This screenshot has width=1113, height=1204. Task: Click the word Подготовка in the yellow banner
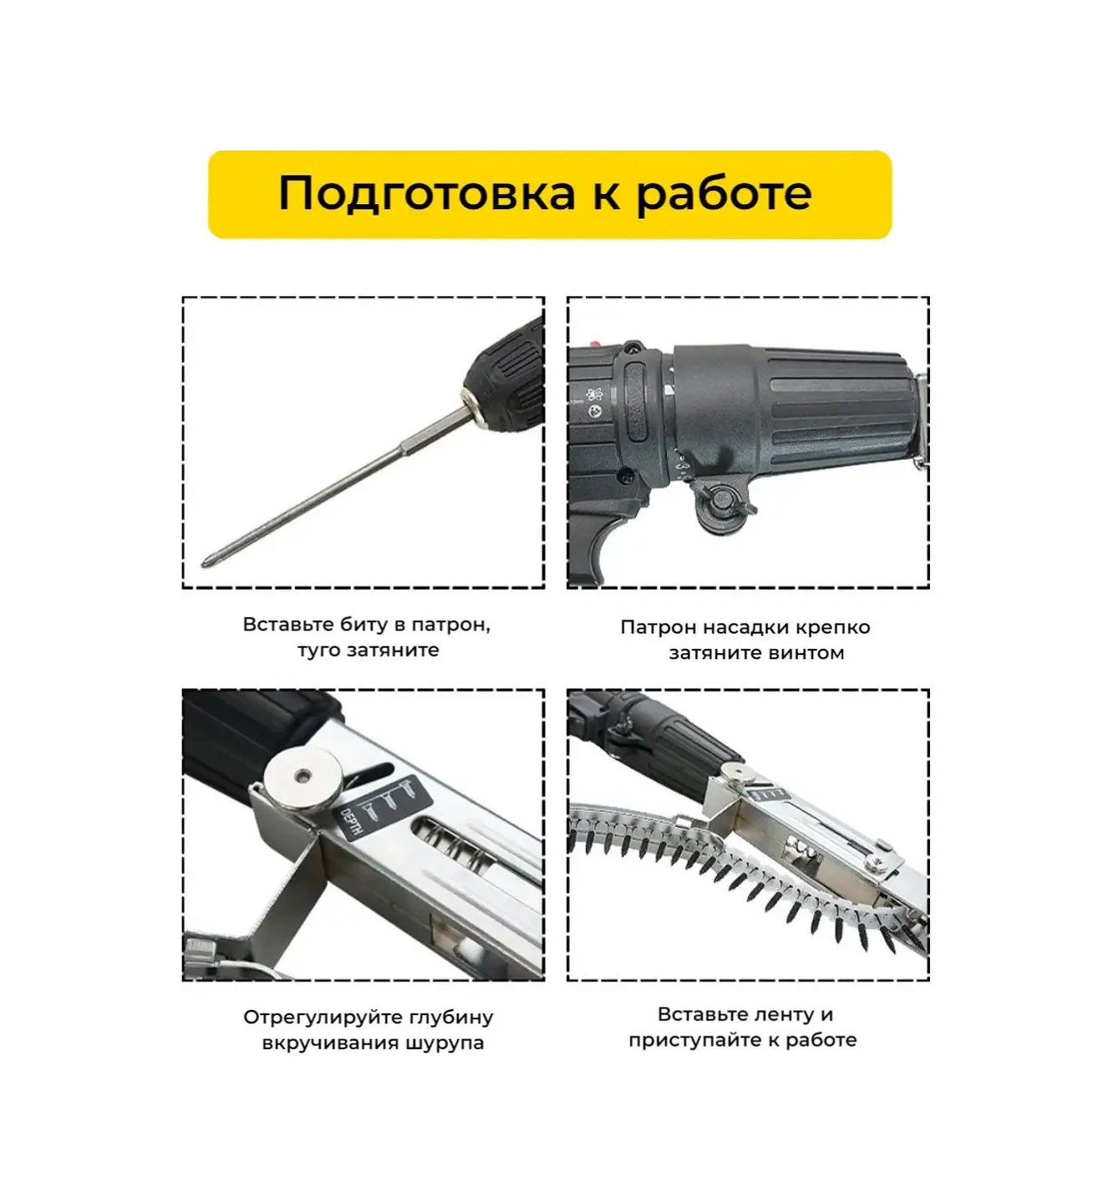click(426, 195)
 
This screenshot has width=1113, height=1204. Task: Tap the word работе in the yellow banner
click(724, 195)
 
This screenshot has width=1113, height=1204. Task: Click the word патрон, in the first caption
click(450, 625)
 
